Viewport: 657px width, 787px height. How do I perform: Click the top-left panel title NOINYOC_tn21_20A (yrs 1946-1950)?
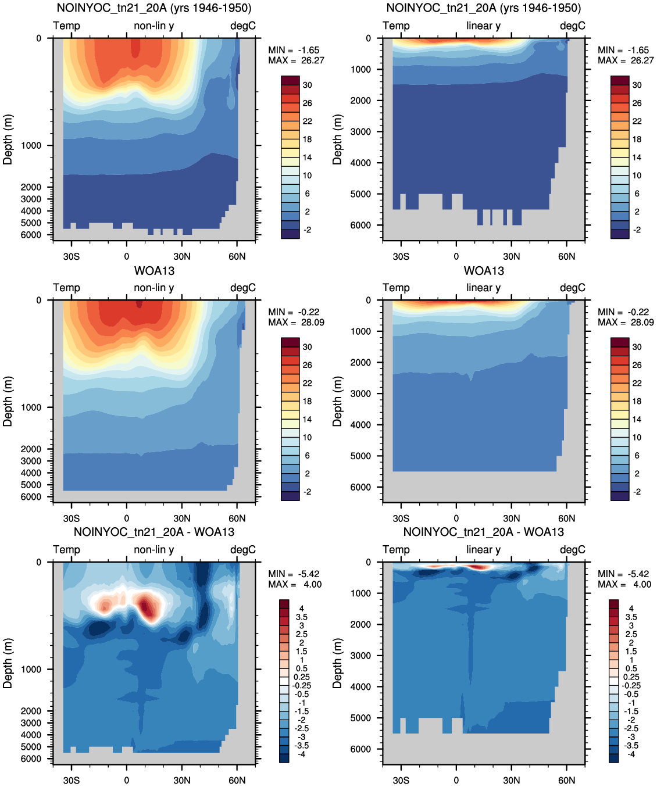tap(154, 8)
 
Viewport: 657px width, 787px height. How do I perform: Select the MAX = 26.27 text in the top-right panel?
tap(626, 60)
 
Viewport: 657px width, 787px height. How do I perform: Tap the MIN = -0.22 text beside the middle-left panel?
tap(294, 312)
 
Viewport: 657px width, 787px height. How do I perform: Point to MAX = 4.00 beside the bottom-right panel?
tap(624, 584)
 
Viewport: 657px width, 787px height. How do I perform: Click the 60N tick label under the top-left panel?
tap(237, 257)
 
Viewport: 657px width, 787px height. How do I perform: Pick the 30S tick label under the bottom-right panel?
tap(401, 780)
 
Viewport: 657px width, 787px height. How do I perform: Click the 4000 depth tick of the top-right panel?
tap(360, 163)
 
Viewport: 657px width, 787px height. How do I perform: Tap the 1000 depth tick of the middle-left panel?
tap(31, 407)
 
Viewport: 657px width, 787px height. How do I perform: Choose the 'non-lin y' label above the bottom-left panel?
tap(154, 550)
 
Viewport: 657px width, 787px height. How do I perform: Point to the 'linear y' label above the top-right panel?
tap(484, 26)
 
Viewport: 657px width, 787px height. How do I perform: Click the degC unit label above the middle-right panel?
tap(573, 288)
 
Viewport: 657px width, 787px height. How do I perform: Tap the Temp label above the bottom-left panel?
tap(66, 550)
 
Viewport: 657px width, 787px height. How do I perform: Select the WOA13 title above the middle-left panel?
tap(154, 271)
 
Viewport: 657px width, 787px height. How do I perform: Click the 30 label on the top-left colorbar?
tap(308, 85)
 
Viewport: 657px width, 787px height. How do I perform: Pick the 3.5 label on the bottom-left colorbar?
tap(302, 617)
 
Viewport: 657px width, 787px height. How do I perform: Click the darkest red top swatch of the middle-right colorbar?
tap(620, 342)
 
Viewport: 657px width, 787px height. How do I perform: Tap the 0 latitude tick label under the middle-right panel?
tap(456, 518)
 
